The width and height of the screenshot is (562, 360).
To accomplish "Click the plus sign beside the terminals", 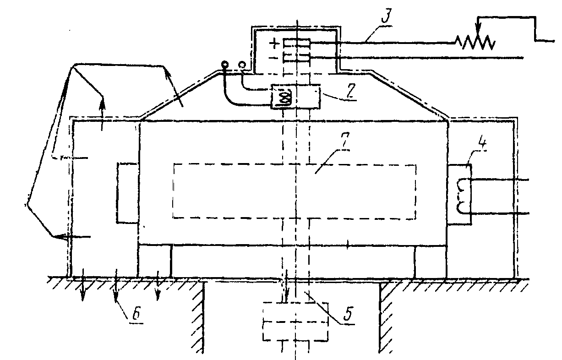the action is (274, 44).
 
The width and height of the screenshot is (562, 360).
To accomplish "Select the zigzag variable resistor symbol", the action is (475, 43).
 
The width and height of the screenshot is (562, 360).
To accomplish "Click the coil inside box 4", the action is (461, 195).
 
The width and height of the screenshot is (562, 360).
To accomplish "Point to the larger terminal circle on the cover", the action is (225, 65).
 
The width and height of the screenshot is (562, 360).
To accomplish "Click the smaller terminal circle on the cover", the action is (243, 65).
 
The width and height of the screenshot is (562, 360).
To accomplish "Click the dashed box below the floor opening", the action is (295, 321).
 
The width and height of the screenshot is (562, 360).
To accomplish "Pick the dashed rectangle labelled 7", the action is (295, 191).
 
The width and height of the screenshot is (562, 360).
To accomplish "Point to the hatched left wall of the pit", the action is (198, 316).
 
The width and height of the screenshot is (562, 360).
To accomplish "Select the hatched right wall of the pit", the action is (386, 316).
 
